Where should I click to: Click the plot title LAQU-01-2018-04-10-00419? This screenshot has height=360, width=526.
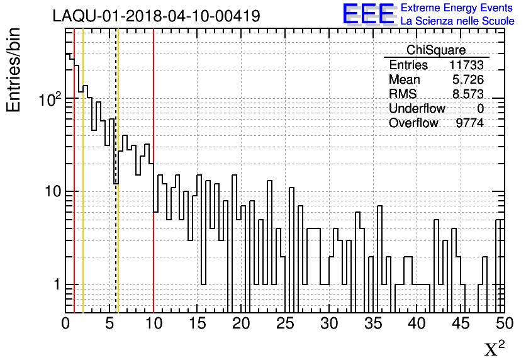[x=156, y=16]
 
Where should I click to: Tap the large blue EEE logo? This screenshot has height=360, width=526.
[x=369, y=14]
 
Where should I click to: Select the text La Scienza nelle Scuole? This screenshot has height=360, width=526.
[x=457, y=21]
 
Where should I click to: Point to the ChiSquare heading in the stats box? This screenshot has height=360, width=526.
[x=436, y=50]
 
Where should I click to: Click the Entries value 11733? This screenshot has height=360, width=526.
[x=466, y=65]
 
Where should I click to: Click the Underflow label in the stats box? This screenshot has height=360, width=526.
[x=417, y=108]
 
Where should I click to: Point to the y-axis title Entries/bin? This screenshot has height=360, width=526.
[x=14, y=70]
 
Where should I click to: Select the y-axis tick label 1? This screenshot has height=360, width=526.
[x=55, y=284]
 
